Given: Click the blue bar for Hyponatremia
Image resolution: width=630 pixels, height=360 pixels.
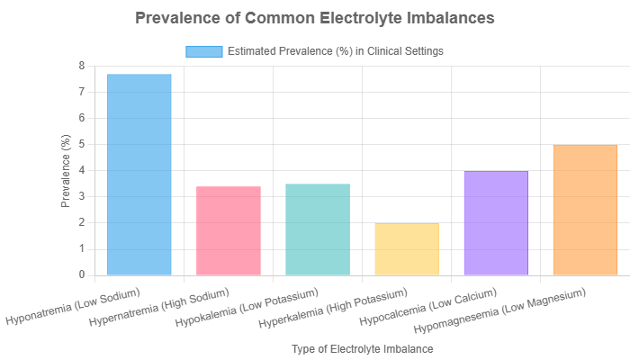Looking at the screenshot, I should point(139,175).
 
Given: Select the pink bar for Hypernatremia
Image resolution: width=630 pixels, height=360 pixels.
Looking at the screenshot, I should point(229,230).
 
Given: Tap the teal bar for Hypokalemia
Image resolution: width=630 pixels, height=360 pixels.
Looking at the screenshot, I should point(318,229).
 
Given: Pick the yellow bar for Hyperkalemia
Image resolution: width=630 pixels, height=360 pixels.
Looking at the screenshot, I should point(407,249).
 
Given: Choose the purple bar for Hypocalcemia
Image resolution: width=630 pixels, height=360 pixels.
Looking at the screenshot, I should point(495,223).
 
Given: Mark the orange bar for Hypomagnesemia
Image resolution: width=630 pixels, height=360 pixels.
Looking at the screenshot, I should point(584,210).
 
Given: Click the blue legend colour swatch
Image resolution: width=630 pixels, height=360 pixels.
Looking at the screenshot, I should point(203,51).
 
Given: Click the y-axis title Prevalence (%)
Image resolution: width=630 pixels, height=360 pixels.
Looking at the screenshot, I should point(66,170).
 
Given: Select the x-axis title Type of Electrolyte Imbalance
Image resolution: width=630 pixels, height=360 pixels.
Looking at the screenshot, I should point(363,347).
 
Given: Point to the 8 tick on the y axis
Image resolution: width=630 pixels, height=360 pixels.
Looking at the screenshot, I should point(81,66).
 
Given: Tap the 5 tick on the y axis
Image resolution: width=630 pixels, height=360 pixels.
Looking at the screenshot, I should point(81,144).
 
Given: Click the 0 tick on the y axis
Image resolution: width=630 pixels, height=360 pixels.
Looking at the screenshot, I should point(81,274).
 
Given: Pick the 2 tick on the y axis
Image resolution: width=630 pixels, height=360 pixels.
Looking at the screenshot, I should point(81,222).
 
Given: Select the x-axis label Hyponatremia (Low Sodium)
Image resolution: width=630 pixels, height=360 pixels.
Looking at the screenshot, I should point(75,307).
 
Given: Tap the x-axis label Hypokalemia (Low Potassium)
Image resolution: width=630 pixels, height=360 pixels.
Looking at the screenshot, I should point(253,306).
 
